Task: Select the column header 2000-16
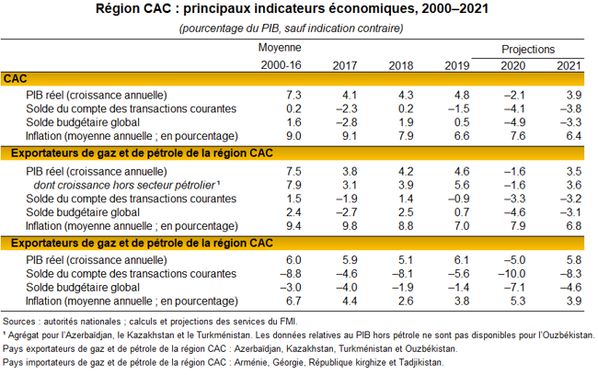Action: [281, 66]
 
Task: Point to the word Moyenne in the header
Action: [281, 47]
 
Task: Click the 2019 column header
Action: [457, 66]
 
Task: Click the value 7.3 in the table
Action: [293, 95]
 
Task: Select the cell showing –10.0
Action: [516, 273]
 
